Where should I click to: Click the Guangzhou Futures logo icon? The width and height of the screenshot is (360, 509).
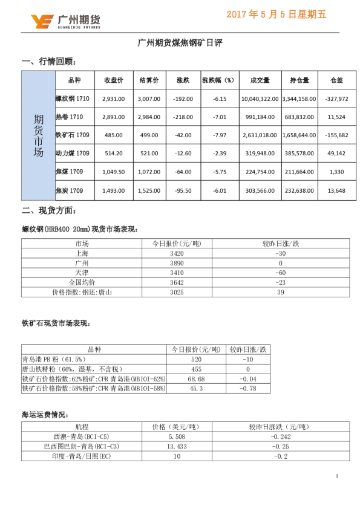(42, 22)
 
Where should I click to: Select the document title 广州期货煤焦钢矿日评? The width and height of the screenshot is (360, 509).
(180, 43)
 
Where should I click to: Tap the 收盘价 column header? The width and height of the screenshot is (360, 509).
(114, 80)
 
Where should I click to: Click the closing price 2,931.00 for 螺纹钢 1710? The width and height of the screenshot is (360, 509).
(114, 99)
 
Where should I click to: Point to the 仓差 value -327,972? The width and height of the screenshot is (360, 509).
(336, 99)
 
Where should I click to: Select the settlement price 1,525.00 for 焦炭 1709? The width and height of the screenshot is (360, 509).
(149, 192)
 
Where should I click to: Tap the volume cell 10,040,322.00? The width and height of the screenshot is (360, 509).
(260, 99)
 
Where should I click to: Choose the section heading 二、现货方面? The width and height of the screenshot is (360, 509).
(49, 211)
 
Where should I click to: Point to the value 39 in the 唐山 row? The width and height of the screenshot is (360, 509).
(280, 293)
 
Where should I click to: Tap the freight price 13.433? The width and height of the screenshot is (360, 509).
(176, 445)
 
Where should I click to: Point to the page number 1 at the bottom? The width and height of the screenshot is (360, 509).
(336, 477)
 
